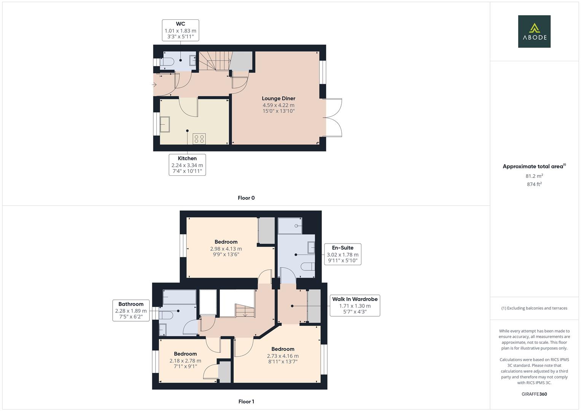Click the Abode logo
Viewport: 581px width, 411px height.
(534, 31)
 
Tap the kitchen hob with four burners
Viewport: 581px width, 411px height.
(199, 139)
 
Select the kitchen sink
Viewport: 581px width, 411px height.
(165, 124)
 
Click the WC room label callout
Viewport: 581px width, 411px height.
(180, 30)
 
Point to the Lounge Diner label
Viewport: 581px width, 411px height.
(278, 99)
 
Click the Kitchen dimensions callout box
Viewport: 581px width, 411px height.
(187, 164)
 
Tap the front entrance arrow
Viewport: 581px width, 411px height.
(154, 84)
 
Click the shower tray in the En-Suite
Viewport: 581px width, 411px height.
(290, 226)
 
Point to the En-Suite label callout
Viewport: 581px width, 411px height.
(342, 254)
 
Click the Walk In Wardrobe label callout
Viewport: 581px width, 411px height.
(355, 306)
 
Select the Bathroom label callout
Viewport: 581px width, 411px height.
(131, 310)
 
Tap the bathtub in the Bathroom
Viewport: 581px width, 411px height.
(179, 297)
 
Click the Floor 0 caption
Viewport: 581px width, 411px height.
(246, 198)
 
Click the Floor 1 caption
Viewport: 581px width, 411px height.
(246, 401)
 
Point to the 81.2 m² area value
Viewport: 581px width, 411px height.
(534, 176)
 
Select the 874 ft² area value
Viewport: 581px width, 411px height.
(534, 184)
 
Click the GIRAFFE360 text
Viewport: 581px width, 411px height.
(534, 394)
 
